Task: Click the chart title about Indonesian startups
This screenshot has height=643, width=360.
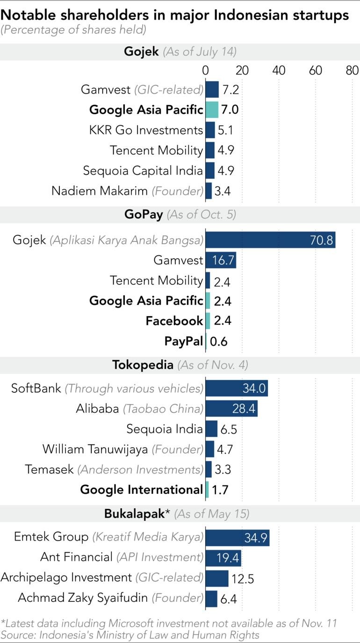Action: [174, 15]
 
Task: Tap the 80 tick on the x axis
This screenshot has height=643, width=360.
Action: [352, 70]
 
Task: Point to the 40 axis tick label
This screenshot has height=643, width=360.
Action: [279, 70]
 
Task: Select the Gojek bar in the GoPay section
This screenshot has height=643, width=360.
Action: [270, 240]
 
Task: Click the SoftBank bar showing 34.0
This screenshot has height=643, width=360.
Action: [237, 388]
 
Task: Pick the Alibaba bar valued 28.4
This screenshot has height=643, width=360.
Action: [231, 409]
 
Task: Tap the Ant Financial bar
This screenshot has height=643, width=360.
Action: [223, 557]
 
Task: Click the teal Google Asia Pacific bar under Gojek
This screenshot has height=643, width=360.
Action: [212, 110]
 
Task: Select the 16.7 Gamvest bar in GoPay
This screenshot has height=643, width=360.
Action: [221, 260]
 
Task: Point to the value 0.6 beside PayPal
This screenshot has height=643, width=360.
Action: [219, 341]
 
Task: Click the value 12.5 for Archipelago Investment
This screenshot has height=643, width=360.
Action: [242, 579]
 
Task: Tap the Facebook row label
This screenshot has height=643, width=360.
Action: [174, 321]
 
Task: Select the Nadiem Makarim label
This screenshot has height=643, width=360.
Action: [127, 191]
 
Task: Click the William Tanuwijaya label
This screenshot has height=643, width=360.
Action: [122, 450]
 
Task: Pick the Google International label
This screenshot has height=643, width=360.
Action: [141, 490]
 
